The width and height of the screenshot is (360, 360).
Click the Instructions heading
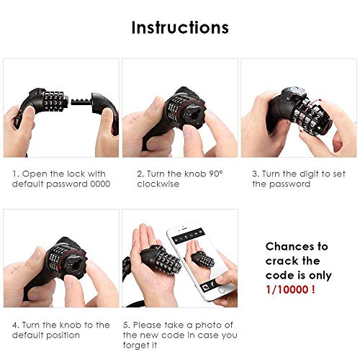click(x=180, y=27)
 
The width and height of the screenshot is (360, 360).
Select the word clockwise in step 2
click(x=158, y=184)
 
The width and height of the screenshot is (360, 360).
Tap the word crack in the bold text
click(x=279, y=261)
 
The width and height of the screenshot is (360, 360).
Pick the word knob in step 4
click(x=71, y=325)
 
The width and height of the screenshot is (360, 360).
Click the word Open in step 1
click(x=32, y=174)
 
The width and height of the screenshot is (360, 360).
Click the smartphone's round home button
click(x=222, y=290)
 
